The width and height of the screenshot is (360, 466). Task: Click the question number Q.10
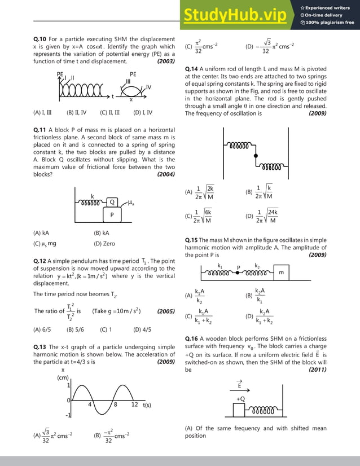41,39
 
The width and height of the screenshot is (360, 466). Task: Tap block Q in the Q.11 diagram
112,202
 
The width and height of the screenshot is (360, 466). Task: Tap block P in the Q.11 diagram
112,215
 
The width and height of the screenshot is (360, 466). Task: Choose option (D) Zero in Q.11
104,244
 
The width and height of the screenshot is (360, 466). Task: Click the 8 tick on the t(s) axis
115,405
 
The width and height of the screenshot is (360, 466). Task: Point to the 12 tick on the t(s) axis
134,405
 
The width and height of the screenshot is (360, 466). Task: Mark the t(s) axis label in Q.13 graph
150,405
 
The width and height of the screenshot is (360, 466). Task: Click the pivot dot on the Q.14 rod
256,155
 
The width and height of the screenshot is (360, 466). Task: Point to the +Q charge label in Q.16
240,399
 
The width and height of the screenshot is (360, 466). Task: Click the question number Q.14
192,68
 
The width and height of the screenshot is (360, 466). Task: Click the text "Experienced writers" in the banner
328,8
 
